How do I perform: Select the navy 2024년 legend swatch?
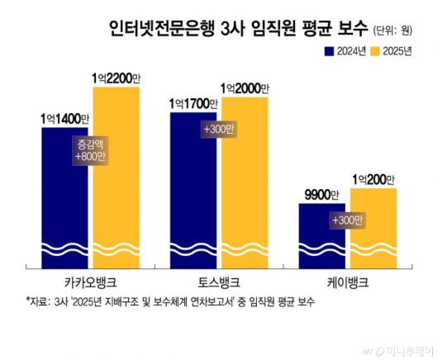click(328, 51)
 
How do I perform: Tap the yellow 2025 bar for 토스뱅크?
click(245, 182)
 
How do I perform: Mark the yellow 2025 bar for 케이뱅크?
click(374, 227)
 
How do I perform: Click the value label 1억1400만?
click(69, 118)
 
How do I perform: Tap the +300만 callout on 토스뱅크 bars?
click(219, 130)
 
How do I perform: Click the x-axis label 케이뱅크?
click(347, 281)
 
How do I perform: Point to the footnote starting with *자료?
click(170, 302)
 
